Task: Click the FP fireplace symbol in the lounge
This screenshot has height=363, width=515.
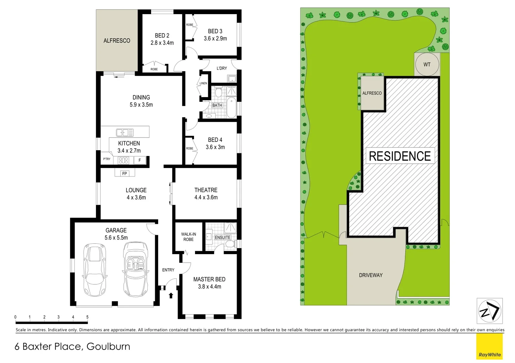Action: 125,173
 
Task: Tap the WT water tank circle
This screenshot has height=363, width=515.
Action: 427,65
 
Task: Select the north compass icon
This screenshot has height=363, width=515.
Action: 489,311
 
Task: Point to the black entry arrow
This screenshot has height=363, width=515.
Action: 171,295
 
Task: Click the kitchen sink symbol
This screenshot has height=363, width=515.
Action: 125,132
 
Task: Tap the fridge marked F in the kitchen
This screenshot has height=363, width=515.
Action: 140,160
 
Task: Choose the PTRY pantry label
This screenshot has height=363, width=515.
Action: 107,159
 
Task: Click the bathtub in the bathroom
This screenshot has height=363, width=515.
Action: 232,108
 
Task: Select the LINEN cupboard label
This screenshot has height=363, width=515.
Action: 203,83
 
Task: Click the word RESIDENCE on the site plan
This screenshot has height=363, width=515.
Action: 400,156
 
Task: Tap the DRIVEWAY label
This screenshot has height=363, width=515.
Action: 371,275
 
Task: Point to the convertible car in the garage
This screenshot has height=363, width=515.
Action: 135,269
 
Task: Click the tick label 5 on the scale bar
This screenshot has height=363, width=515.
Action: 87,317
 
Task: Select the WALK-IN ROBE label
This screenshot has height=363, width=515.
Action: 188,237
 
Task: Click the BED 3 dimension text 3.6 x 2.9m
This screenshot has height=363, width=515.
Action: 215,39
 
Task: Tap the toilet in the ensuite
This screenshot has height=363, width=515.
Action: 231,244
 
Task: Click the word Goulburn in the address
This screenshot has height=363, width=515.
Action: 108,347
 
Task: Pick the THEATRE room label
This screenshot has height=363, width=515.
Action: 206,190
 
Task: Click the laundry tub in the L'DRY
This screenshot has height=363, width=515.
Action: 232,79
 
